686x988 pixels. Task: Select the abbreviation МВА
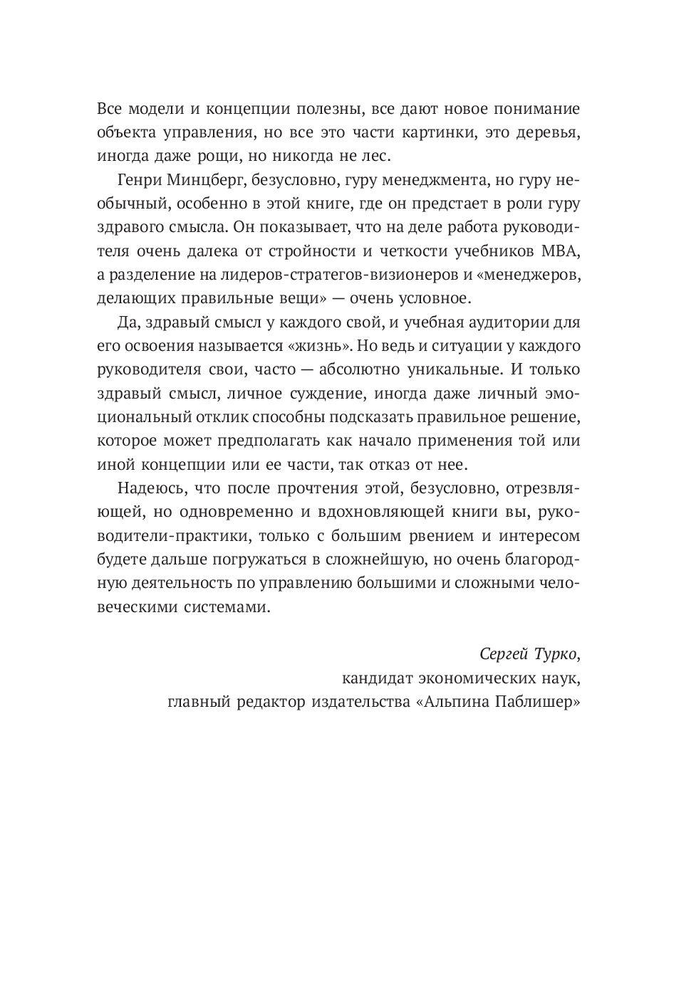tap(561, 251)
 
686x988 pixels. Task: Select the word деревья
tap(547, 132)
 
